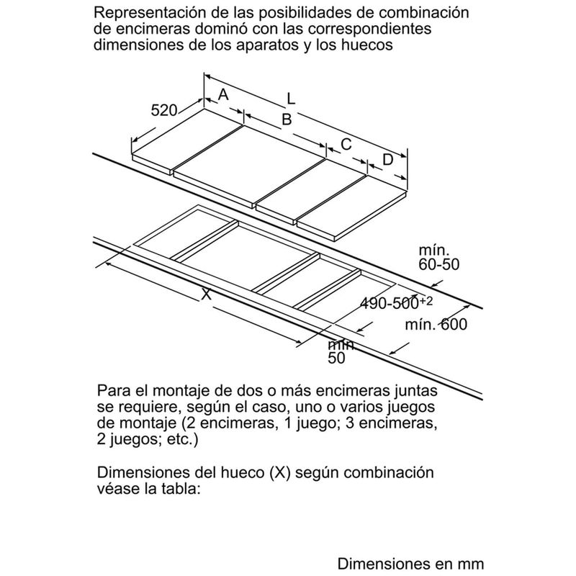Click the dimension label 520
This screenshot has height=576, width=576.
[x=164, y=110]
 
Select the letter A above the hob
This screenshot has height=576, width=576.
[x=223, y=94]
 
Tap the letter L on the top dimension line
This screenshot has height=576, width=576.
[x=290, y=97]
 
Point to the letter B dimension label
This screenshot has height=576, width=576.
[x=286, y=120]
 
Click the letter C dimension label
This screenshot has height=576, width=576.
[x=346, y=143]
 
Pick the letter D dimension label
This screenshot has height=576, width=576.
[x=387, y=160]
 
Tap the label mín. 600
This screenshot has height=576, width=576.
[x=436, y=324]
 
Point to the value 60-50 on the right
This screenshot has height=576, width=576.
[x=438, y=265]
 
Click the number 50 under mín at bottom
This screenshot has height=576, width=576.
[x=337, y=358]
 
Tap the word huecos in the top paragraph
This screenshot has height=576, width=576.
[x=369, y=45]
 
